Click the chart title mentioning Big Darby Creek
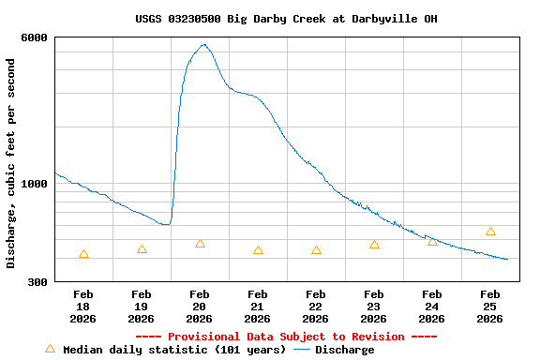(x=286, y=19)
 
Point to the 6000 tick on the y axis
(x=36, y=37)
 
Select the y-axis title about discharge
(x=11, y=163)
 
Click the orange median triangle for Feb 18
(x=84, y=254)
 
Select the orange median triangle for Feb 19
(x=142, y=249)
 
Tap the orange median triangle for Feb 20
(x=200, y=244)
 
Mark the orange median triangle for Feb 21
(x=258, y=250)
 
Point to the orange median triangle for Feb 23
(x=374, y=245)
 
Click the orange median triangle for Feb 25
(x=490, y=232)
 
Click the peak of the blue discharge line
(x=203, y=44)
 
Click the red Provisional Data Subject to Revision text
(x=286, y=337)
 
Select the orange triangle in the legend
(x=50, y=349)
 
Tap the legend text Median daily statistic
(x=174, y=350)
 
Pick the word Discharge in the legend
(x=344, y=350)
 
